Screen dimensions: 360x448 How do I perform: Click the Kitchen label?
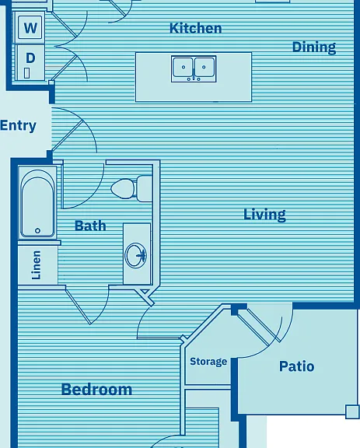point(195,28)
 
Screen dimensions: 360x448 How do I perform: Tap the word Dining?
point(314,47)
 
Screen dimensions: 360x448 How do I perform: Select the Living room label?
point(264,215)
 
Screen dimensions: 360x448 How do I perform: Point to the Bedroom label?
point(96,389)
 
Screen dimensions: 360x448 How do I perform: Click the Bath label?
point(90,226)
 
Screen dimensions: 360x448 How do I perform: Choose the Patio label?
point(296,366)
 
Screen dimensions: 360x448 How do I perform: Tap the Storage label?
point(208,362)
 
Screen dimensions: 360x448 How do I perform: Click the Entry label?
point(18,126)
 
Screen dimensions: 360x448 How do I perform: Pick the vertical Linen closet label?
point(37,265)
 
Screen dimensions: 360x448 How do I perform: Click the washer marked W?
point(30,27)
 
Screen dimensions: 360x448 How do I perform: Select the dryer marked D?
point(30,62)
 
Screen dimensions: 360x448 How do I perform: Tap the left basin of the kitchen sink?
point(183,67)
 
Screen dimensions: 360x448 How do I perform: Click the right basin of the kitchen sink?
point(204,67)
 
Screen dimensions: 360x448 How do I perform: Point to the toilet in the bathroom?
point(131,188)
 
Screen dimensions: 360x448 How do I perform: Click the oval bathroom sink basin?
point(136,255)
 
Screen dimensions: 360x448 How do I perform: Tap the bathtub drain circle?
point(37,230)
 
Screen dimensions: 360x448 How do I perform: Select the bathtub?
point(37,204)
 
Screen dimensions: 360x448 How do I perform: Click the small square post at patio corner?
point(351,411)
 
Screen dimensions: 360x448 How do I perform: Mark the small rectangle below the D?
point(26,73)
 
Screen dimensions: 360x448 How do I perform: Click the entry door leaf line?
point(68,135)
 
